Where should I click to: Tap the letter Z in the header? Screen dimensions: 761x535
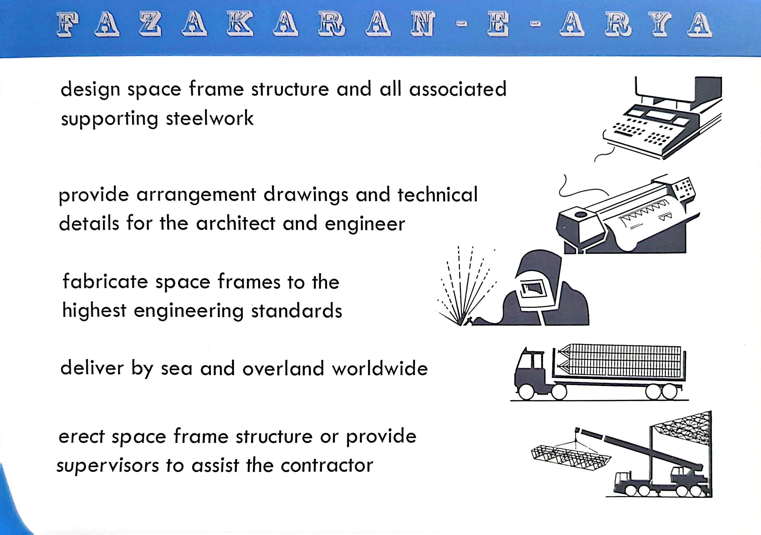pyautogui.click(x=150, y=24)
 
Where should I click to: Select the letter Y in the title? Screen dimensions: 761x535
pyautogui.click(x=662, y=24)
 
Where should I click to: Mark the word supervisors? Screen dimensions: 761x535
pyautogui.click(x=108, y=466)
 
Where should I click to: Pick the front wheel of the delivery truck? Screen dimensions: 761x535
pyautogui.click(x=526, y=392)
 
